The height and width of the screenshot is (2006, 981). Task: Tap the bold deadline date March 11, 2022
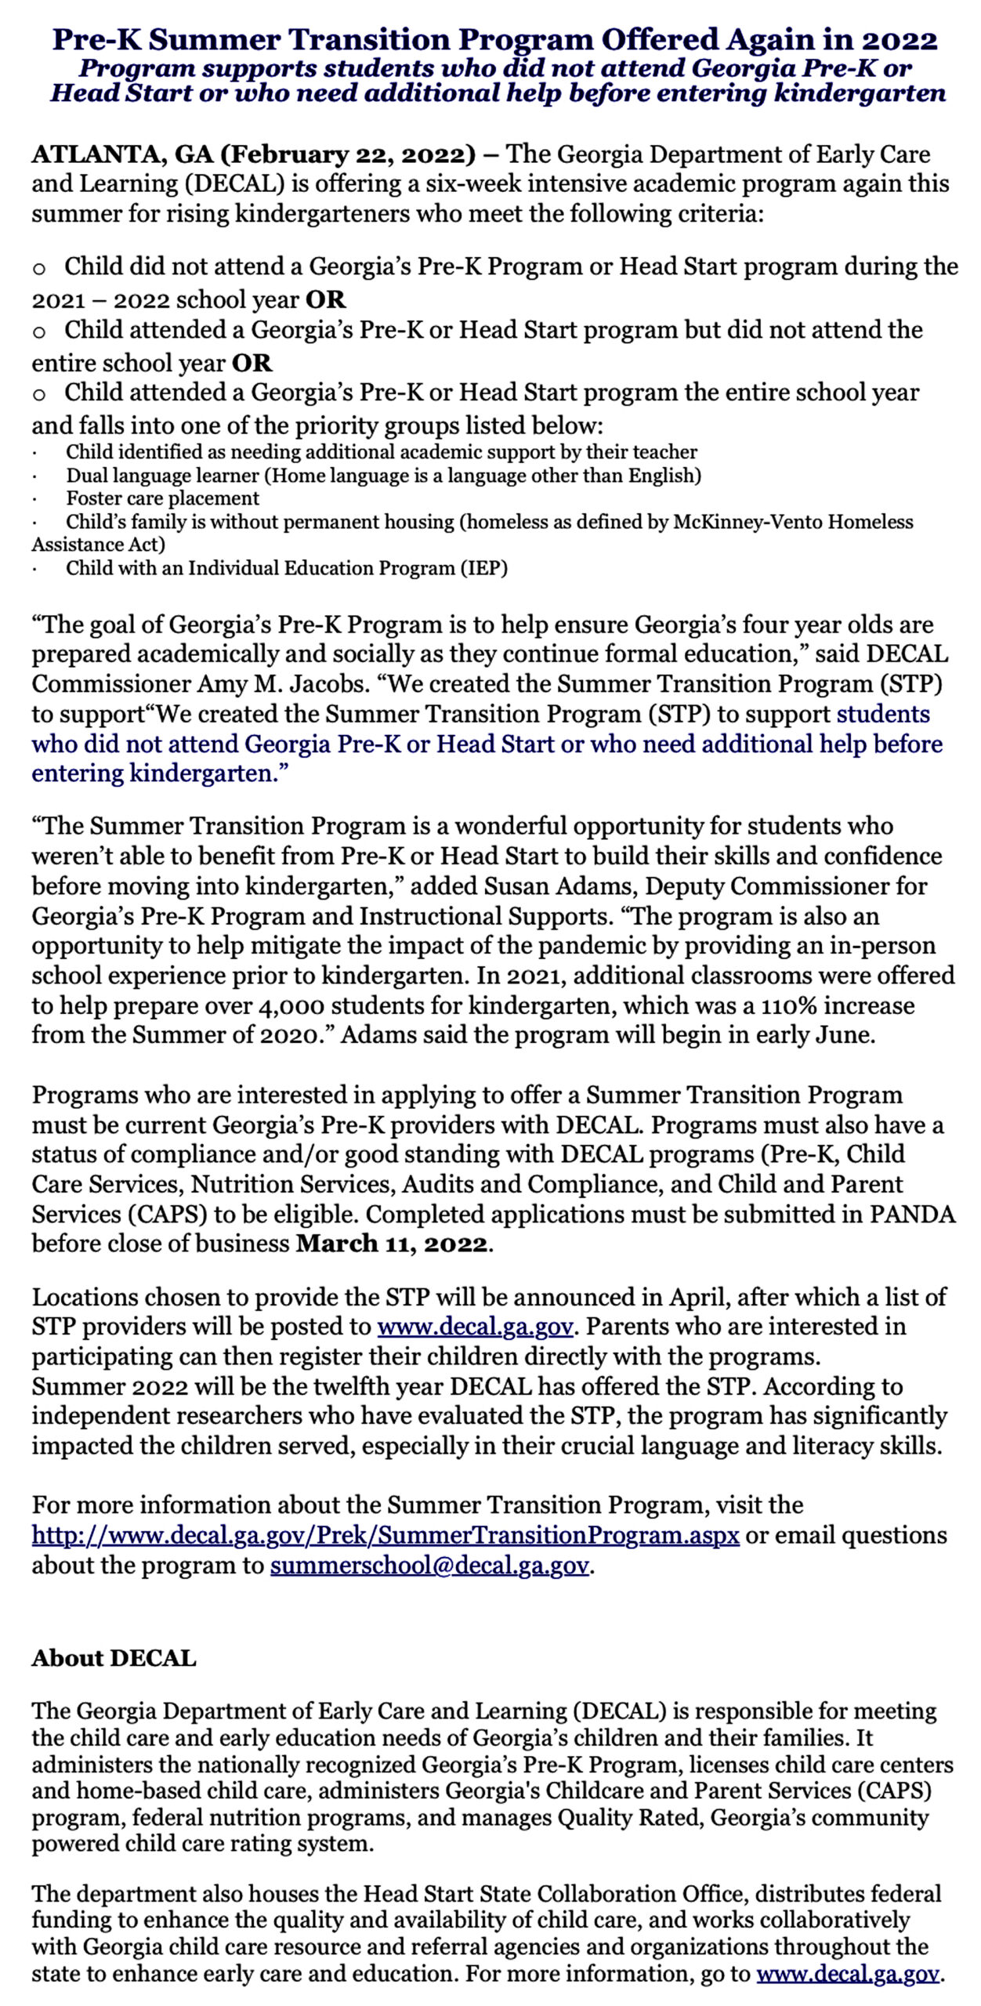click(x=392, y=1244)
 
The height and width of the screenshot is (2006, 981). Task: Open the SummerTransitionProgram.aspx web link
click(x=386, y=1535)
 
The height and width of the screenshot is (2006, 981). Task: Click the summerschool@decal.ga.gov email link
click(x=429, y=1566)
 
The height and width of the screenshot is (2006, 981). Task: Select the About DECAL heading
click(x=114, y=1658)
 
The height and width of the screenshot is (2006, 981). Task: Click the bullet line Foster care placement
click(x=162, y=498)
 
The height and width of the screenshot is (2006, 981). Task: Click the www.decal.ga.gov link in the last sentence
click(x=848, y=1974)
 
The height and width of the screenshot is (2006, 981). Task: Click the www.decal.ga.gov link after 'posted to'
click(x=475, y=1327)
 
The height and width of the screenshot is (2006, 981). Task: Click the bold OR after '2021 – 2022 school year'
click(x=326, y=299)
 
